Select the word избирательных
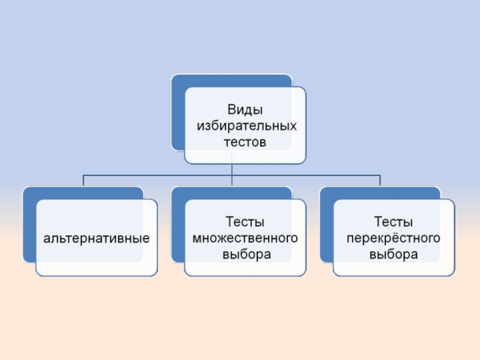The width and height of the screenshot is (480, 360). point(245,127)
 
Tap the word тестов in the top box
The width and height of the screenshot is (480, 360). point(245,143)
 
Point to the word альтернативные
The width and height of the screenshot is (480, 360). point(96,239)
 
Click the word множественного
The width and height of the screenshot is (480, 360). point(245,239)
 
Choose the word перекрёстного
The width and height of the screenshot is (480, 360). point(394,239)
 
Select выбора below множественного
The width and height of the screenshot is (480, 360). point(245,254)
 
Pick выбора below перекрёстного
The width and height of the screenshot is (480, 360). point(394,254)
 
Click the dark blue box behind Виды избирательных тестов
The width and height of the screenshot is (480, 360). point(178,114)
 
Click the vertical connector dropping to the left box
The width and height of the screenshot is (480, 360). point(83,181)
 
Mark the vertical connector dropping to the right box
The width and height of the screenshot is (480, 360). point(380,181)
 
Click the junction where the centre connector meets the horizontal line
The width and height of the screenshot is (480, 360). point(232,175)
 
